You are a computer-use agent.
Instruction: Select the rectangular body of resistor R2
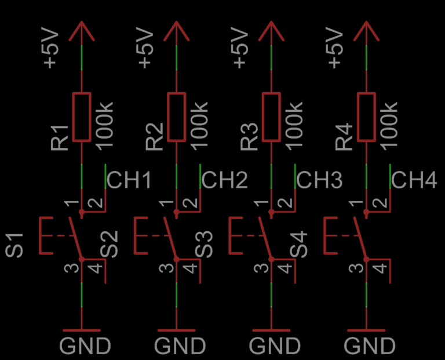176,117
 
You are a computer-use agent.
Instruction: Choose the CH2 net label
225,181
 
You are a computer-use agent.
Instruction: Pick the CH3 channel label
319,181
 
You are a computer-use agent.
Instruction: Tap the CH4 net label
414,181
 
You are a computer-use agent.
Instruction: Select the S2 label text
110,245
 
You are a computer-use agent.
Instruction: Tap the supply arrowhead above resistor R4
366,30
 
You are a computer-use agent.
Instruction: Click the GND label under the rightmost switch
370,346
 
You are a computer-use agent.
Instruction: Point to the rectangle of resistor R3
271,117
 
